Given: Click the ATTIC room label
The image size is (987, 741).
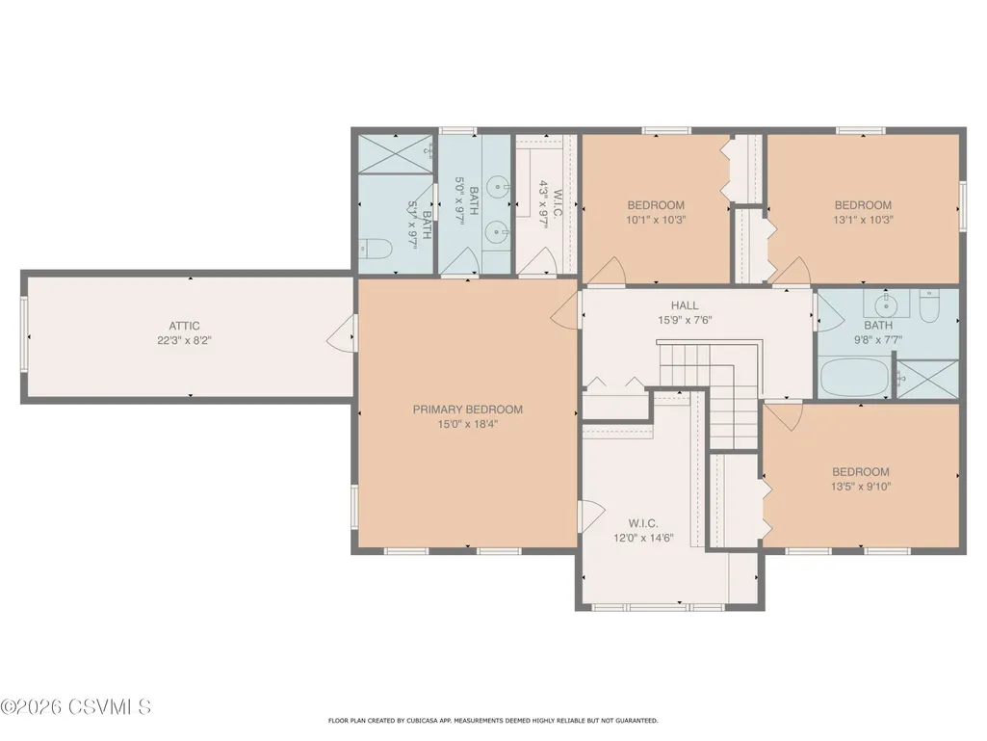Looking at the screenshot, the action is pyautogui.click(x=184, y=326).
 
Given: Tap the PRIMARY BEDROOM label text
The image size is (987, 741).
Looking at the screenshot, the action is pyautogui.click(x=468, y=410).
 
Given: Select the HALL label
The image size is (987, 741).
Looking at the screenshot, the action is pyautogui.click(x=685, y=305).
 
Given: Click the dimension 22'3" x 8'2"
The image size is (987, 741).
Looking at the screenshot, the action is pyautogui.click(x=184, y=341).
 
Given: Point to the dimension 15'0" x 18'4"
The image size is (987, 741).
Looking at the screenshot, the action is pyautogui.click(x=468, y=424).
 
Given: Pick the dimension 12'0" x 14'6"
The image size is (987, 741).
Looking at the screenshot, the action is pyautogui.click(x=643, y=538).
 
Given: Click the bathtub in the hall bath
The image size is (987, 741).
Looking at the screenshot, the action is pyautogui.click(x=854, y=376).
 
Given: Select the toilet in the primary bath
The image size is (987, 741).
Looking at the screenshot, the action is pyautogui.click(x=376, y=250).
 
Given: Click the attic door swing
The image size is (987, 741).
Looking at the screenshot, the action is pyautogui.click(x=340, y=333).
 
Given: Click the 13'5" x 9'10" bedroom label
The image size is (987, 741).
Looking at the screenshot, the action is pyautogui.click(x=861, y=479).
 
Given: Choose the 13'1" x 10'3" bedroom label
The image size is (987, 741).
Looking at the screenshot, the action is pyautogui.click(x=863, y=212).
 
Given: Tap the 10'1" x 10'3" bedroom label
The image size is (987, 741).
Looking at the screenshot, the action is pyautogui.click(x=656, y=212).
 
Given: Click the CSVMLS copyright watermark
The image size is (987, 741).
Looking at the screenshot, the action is pyautogui.click(x=75, y=706).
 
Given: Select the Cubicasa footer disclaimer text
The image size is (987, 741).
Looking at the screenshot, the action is pyautogui.click(x=493, y=720).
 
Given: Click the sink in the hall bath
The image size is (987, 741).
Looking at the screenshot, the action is pyautogui.click(x=886, y=304).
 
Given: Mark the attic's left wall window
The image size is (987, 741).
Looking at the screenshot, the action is pyautogui.click(x=24, y=333).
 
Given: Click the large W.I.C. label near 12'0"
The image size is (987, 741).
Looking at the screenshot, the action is pyautogui.click(x=643, y=523).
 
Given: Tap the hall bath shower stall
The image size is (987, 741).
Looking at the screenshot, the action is pyautogui.click(x=927, y=379).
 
